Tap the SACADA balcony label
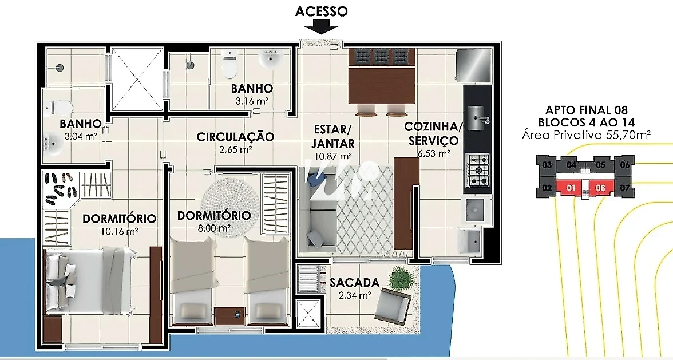click(355, 282)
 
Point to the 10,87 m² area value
click(334, 157)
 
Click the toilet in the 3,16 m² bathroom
click(229, 64)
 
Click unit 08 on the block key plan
click(600, 188)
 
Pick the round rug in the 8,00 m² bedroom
click(230, 203)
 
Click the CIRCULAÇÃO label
click(235, 137)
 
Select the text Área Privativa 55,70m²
click(585, 135)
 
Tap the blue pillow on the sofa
click(318, 176)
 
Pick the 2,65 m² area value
click(235, 150)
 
